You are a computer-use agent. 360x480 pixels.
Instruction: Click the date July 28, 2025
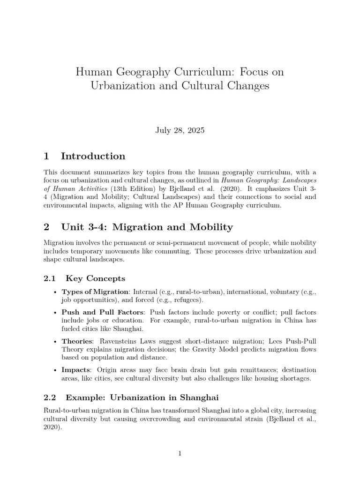180,130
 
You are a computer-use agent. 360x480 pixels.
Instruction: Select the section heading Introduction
93,156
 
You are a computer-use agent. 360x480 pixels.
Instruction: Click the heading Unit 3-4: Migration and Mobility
147,227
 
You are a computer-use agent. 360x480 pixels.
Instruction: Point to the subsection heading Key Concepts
96,278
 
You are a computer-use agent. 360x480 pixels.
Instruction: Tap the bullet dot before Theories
56,341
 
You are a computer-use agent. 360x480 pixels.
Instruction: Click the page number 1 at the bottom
180,453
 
